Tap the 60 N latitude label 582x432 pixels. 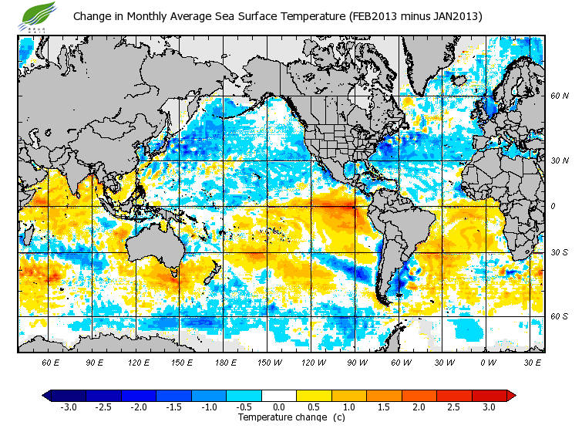559,96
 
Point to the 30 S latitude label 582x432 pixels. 559,252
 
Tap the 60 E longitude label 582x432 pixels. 50,361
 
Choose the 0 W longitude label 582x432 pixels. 488,361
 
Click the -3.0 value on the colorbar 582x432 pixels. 68,407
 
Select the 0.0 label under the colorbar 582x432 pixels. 278,407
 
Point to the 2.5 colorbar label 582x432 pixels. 454,407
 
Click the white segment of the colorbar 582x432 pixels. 278,395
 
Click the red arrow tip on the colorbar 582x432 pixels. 512,395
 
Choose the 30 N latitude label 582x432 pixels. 559,160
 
